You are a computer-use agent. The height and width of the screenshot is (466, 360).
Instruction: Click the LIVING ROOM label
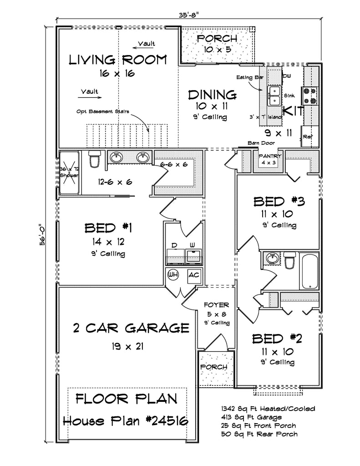pyautogui.click(x=117, y=60)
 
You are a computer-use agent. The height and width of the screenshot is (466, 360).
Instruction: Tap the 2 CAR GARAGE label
pyautogui.click(x=131, y=328)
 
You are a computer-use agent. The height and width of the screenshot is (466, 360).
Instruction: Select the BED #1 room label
pyautogui.click(x=108, y=228)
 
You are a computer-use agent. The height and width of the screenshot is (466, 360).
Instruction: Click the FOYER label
pyautogui.click(x=216, y=305)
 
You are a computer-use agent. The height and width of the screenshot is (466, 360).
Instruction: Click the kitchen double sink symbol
pyautogui.click(x=274, y=96)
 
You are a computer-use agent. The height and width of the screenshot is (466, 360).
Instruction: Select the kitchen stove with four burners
pyautogui.click(x=309, y=96)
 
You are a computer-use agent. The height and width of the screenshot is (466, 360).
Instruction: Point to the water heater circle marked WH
pyautogui.click(x=173, y=274)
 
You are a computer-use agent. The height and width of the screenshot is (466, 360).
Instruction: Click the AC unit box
pyautogui.click(x=193, y=274)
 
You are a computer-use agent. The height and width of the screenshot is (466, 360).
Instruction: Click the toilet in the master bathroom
pyautogui.click(x=95, y=159)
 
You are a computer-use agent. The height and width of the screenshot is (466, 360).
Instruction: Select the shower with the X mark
pyautogui.click(x=69, y=172)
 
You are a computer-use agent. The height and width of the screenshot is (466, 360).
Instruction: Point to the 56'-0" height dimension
pyautogui.click(x=42, y=233)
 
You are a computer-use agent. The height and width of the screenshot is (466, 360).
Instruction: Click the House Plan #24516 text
pyautogui.click(x=126, y=421)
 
